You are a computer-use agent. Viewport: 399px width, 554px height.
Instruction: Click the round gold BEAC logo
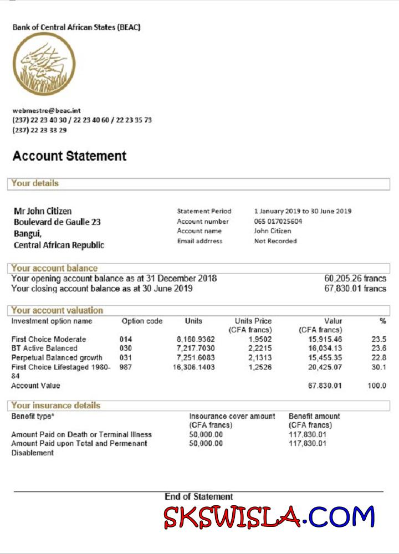tap(44, 64)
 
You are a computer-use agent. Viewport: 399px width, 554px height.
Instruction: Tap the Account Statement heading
tap(69, 156)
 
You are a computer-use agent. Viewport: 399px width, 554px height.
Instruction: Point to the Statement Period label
tap(204, 211)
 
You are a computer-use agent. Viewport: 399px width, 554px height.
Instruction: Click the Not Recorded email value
tap(275, 241)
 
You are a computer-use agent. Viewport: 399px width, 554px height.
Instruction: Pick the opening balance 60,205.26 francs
tap(355, 279)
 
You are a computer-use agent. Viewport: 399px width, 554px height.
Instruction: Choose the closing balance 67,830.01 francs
tap(355, 289)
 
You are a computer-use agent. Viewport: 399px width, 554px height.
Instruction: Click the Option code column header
tap(142, 321)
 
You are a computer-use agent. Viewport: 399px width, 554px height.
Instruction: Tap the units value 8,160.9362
tap(196, 339)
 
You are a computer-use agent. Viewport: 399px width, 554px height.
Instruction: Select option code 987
tap(126, 367)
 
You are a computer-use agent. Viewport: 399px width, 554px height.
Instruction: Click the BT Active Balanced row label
tap(44, 348)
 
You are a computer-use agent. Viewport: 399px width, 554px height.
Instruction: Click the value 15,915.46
tap(325, 339)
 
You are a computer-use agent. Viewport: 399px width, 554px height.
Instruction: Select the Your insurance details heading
tap(55, 406)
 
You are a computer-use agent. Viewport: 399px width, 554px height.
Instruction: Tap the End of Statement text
tap(198, 497)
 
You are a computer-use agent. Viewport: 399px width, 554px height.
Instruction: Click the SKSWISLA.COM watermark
tap(269, 517)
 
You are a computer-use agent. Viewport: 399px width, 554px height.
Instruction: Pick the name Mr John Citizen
tap(43, 211)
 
